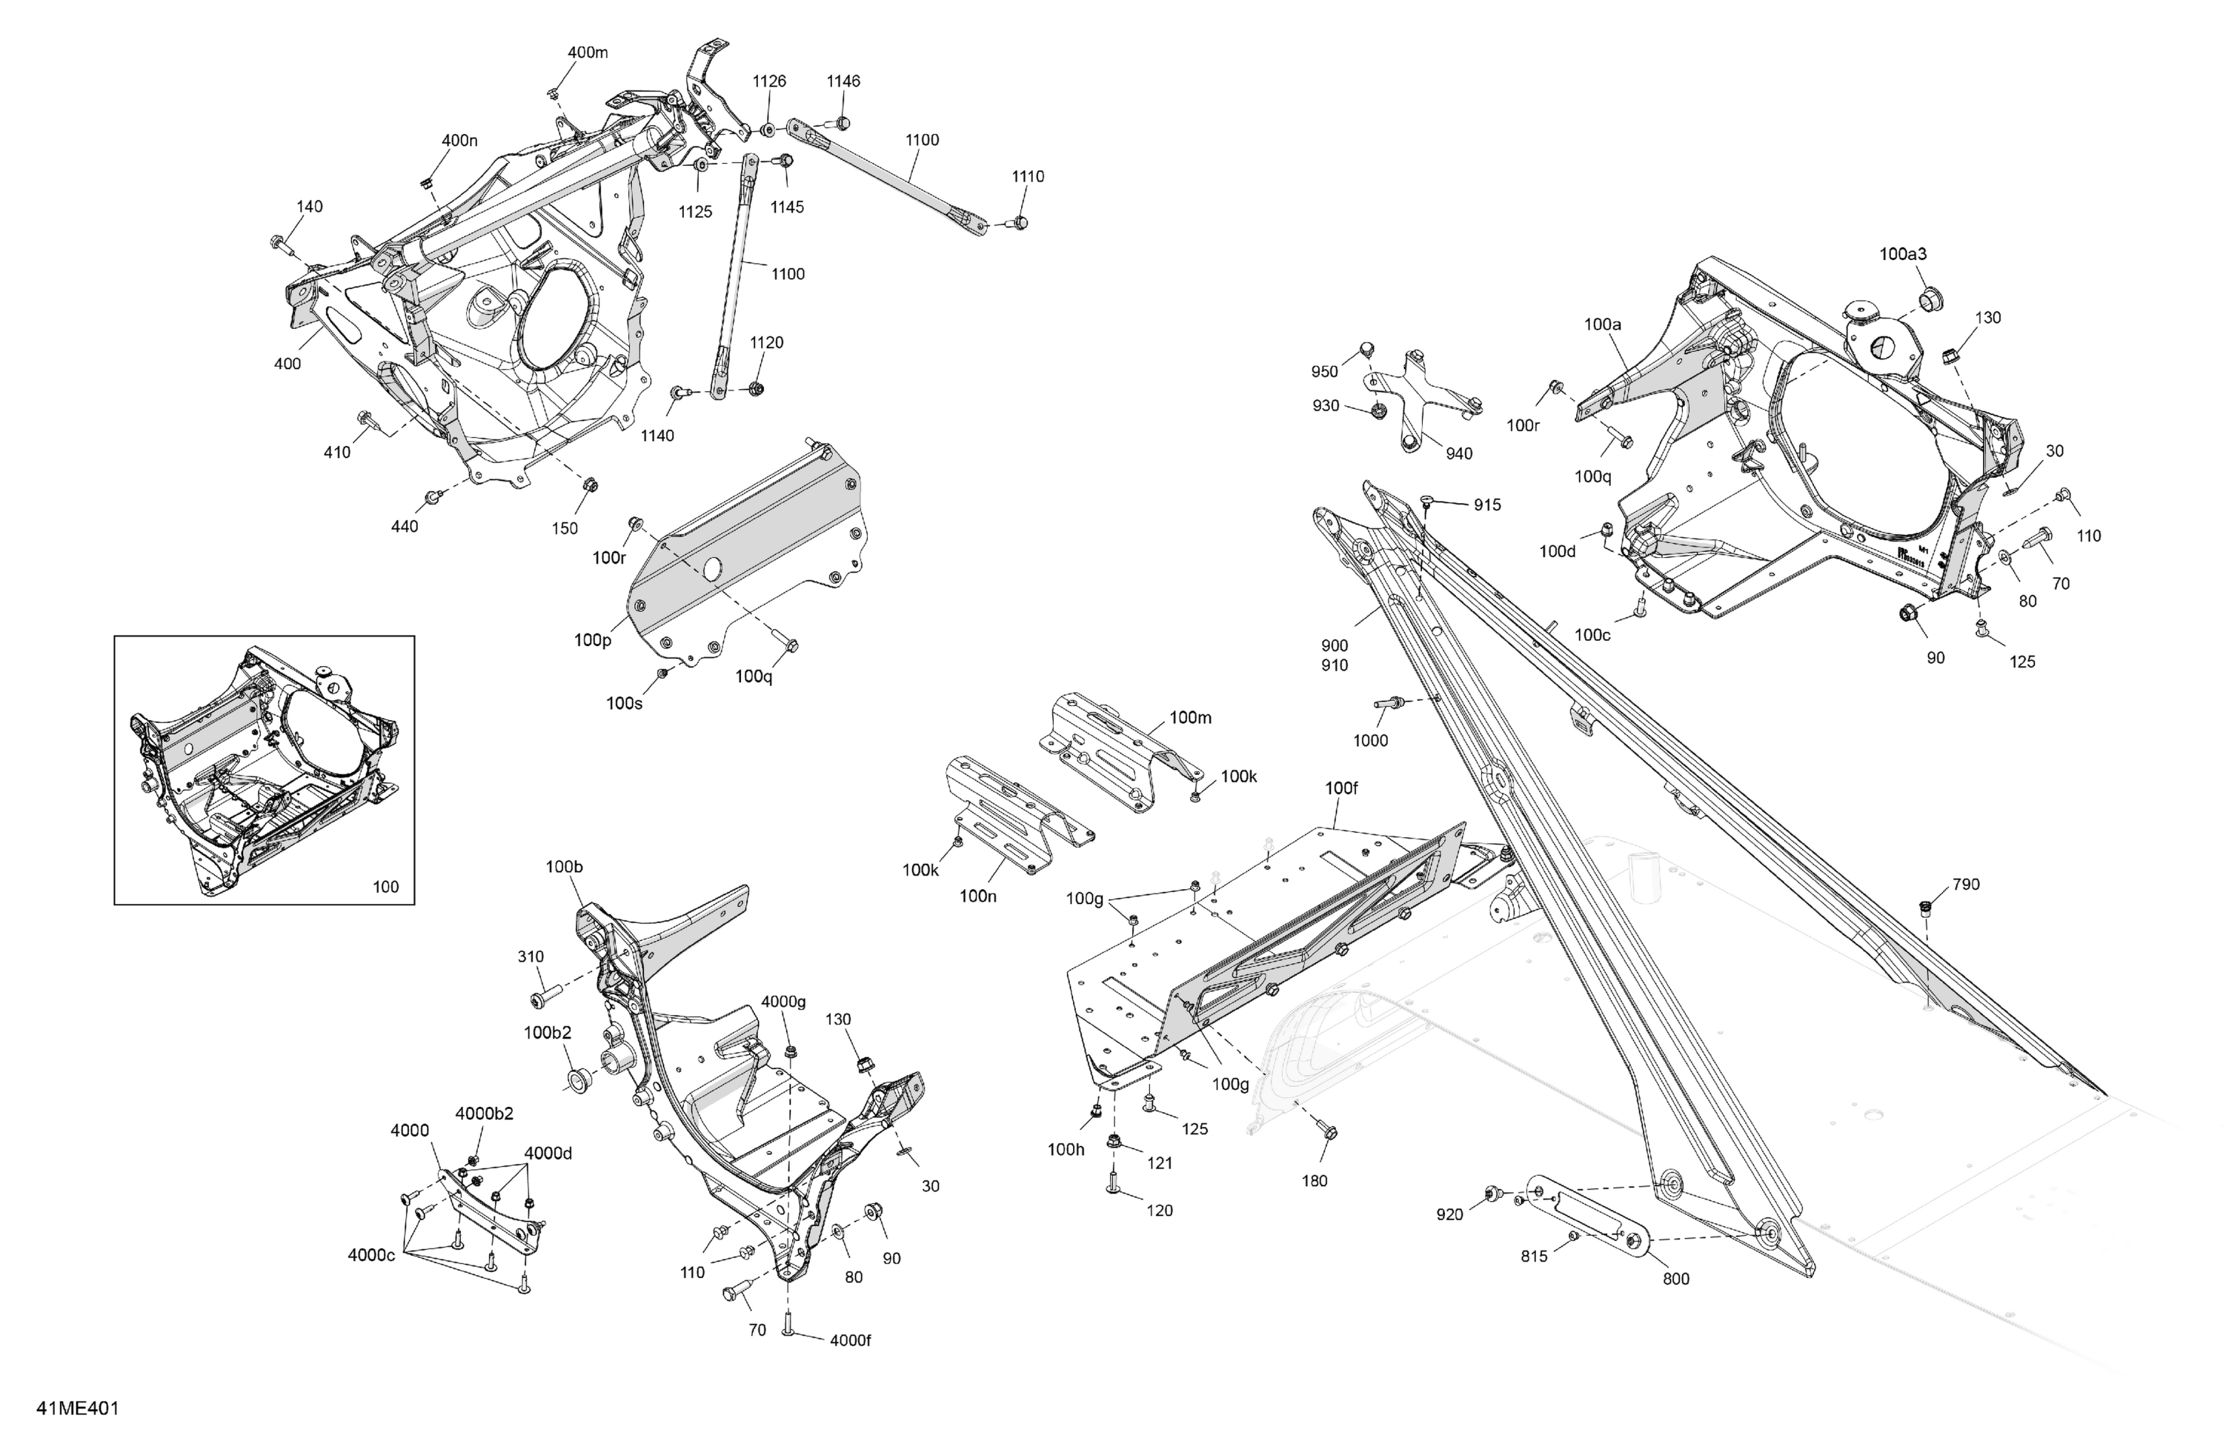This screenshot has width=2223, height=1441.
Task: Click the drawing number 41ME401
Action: pyautogui.click(x=78, y=1408)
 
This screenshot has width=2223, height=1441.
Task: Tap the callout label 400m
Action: pyautogui.click(x=588, y=53)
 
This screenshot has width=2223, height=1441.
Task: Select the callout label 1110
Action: pyautogui.click(x=1028, y=176)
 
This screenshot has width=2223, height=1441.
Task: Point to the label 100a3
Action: pyautogui.click(x=1903, y=254)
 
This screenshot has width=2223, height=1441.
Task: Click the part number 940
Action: pyautogui.click(x=1458, y=454)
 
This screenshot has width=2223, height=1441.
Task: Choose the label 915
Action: pyautogui.click(x=1487, y=505)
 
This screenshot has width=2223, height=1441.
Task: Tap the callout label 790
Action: pyautogui.click(x=1965, y=885)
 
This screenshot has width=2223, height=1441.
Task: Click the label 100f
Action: pyautogui.click(x=1341, y=788)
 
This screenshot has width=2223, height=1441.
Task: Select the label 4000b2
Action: pyautogui.click(x=484, y=1114)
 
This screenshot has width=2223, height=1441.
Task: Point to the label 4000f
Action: pyautogui.click(x=850, y=1340)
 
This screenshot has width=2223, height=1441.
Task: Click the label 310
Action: pyautogui.click(x=531, y=956)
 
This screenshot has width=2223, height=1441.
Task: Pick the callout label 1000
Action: pyautogui.click(x=1370, y=741)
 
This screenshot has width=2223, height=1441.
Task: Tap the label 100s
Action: pyautogui.click(x=624, y=703)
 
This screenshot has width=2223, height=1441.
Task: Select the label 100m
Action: pyautogui.click(x=1190, y=717)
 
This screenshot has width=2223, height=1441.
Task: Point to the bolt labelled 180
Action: pyautogui.click(x=1330, y=1132)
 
